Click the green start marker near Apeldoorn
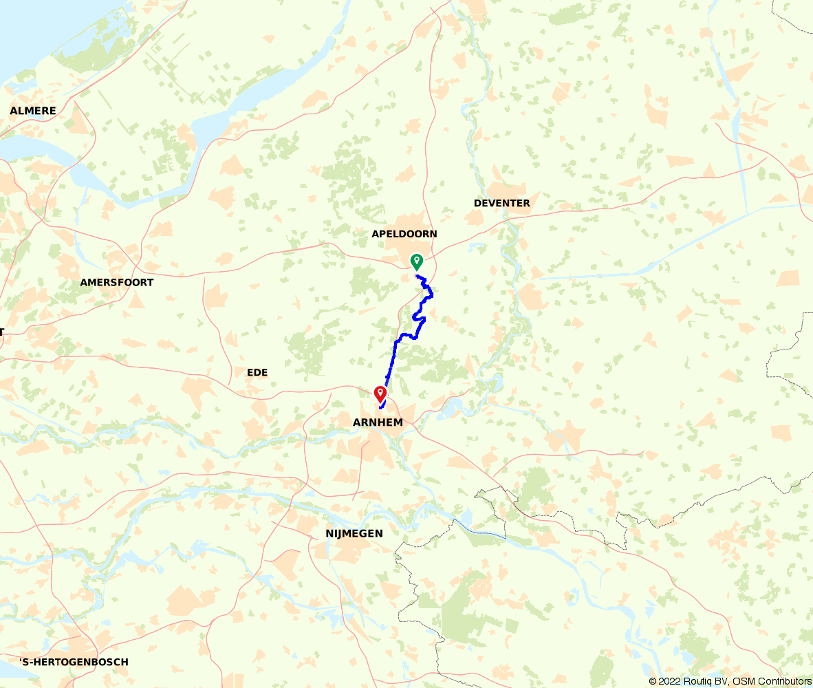416,261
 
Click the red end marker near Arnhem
379,394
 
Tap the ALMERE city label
33,111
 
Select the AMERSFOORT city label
117,283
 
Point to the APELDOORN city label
404,234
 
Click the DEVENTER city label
502,204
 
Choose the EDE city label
257,373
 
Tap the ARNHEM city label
377,422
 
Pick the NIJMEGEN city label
354,534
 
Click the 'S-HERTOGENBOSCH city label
74,663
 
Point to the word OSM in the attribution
744,681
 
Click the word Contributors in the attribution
784,681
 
